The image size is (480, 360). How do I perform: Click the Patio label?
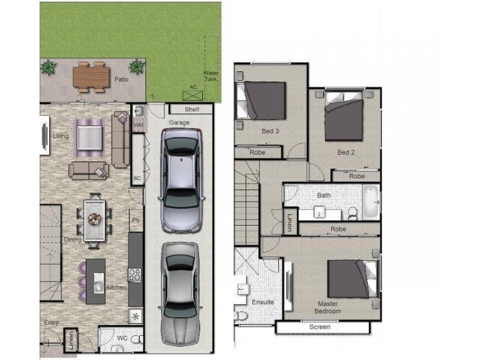121,79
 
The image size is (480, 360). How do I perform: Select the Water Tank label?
211,76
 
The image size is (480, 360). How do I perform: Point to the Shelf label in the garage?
191,109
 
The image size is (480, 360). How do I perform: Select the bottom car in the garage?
181,294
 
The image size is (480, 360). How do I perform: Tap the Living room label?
61,136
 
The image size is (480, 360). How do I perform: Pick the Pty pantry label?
136,220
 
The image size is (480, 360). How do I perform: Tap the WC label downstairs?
122,338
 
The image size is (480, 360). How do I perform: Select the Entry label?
52,323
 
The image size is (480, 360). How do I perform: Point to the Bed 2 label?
346,152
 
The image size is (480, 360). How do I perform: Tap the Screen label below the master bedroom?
319,327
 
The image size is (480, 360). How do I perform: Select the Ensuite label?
262,302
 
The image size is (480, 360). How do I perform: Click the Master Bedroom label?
328,307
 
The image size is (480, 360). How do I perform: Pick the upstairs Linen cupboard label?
289,223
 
